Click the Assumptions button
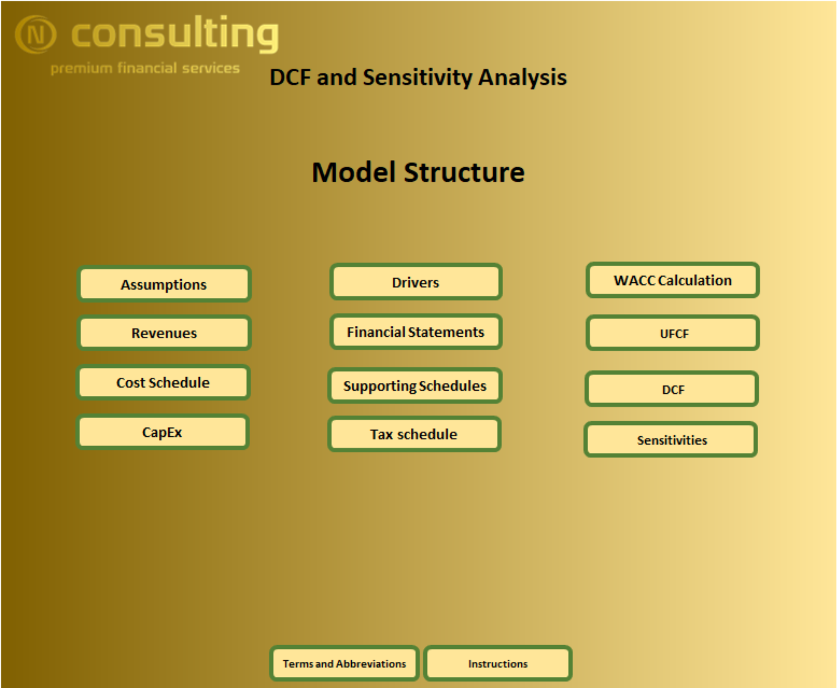(x=164, y=284)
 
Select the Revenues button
(x=164, y=333)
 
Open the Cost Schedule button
(x=163, y=383)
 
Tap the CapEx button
(x=162, y=432)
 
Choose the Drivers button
(x=416, y=282)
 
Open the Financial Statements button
(x=416, y=332)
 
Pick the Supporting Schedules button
(x=415, y=386)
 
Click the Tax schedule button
(x=414, y=434)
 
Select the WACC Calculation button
(x=673, y=280)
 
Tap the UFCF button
(x=673, y=333)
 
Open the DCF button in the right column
(x=672, y=389)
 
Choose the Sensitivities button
(x=671, y=440)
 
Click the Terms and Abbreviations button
(x=344, y=664)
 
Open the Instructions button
(x=498, y=664)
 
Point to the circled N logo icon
(x=36, y=34)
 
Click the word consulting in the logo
(x=175, y=34)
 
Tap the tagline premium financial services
(x=145, y=68)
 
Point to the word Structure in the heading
(x=464, y=172)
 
